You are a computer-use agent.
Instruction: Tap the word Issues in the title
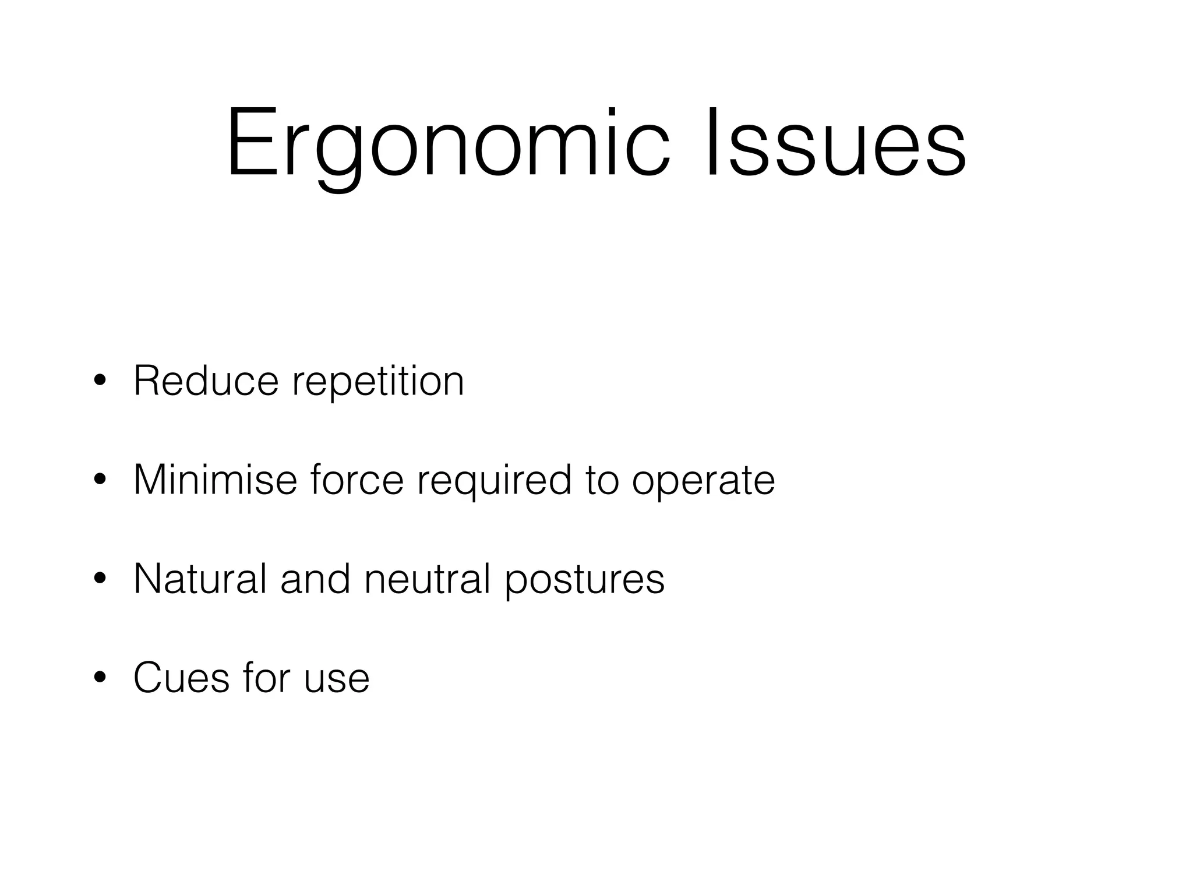coord(836,143)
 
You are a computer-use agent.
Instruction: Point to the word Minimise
coord(215,480)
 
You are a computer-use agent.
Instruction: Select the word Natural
coord(200,579)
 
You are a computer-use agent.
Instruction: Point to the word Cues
coord(181,678)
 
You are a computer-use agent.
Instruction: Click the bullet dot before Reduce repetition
coord(100,382)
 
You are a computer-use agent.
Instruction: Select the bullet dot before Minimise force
coord(100,481)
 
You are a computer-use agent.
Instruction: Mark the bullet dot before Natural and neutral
coord(100,580)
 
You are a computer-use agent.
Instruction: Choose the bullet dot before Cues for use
coord(100,679)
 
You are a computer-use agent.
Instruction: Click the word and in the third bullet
coord(315,579)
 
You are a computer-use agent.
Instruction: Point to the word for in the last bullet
coord(267,678)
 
